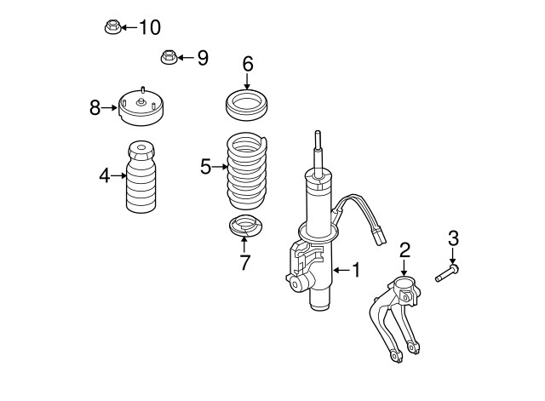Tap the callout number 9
coord(202,58)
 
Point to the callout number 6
coord(248,63)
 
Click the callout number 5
coord(205,167)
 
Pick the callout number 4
coord(104,176)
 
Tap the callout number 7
coord(244,263)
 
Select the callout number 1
coord(356,270)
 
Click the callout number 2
coord(405,249)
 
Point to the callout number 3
coord(453,238)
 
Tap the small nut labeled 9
coord(167,59)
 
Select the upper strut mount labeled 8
coord(141,106)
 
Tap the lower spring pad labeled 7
coord(245,227)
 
